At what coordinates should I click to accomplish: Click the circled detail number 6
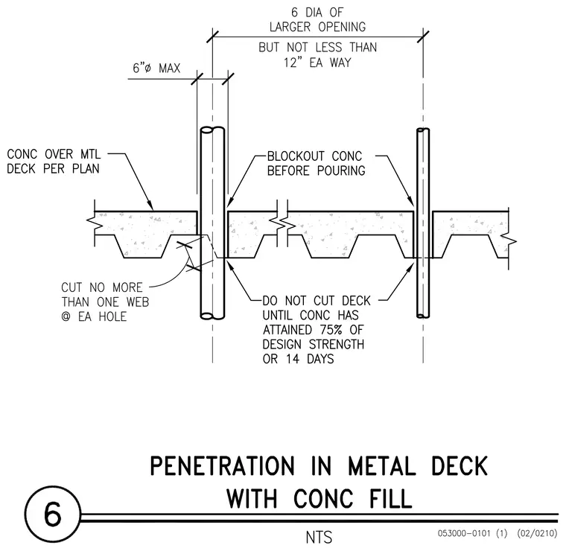[53, 514]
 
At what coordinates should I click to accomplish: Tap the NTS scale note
[319, 538]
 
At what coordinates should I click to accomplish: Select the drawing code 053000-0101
[464, 533]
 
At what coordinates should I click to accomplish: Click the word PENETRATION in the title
[223, 466]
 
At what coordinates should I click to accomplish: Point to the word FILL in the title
[390, 499]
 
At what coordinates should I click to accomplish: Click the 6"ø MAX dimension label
[156, 68]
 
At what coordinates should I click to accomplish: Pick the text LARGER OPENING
[317, 27]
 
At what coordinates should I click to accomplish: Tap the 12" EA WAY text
[317, 63]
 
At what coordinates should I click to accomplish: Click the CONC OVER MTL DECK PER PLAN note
[54, 162]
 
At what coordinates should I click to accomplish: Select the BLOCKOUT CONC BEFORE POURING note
[317, 163]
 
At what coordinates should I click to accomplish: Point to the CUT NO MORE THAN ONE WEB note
[105, 302]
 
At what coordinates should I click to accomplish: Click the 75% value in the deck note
[330, 330]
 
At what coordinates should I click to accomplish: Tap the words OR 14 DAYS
[298, 359]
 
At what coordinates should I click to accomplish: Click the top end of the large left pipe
[212, 130]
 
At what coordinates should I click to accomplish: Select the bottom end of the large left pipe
[212, 316]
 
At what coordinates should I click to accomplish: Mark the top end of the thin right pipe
[423, 130]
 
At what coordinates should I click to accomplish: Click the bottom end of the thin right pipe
[423, 316]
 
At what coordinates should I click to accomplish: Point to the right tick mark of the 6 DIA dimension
[423, 36]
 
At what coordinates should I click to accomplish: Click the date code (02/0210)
[537, 533]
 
